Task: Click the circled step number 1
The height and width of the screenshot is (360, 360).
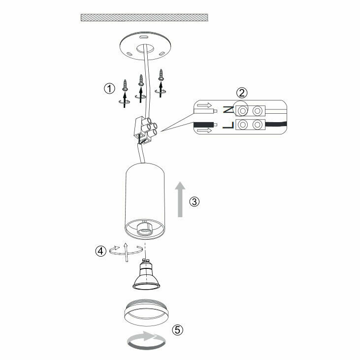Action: (109, 89)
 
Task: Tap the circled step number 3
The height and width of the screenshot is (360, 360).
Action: (195, 201)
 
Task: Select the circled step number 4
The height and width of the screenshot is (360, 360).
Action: (100, 251)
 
